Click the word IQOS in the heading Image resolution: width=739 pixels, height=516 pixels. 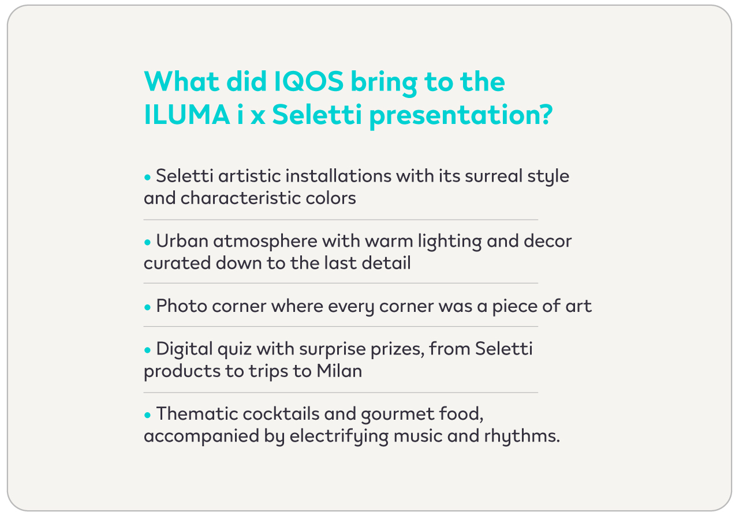pyautogui.click(x=309, y=81)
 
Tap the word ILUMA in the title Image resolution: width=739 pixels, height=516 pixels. pyautogui.click(x=186, y=114)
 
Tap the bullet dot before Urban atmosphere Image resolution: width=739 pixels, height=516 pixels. pyautogui.click(x=147, y=243)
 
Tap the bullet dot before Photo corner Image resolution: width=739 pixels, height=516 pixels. pyautogui.click(x=147, y=307)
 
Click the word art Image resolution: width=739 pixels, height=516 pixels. pyautogui.click(x=578, y=306)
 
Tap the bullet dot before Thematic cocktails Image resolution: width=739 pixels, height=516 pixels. pyautogui.click(x=147, y=415)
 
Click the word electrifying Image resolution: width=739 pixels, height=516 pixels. pyautogui.click(x=339, y=436)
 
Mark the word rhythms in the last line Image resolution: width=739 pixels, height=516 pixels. pyautogui.click(x=522, y=436)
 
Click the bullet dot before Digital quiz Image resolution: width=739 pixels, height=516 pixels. pyautogui.click(x=147, y=351)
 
